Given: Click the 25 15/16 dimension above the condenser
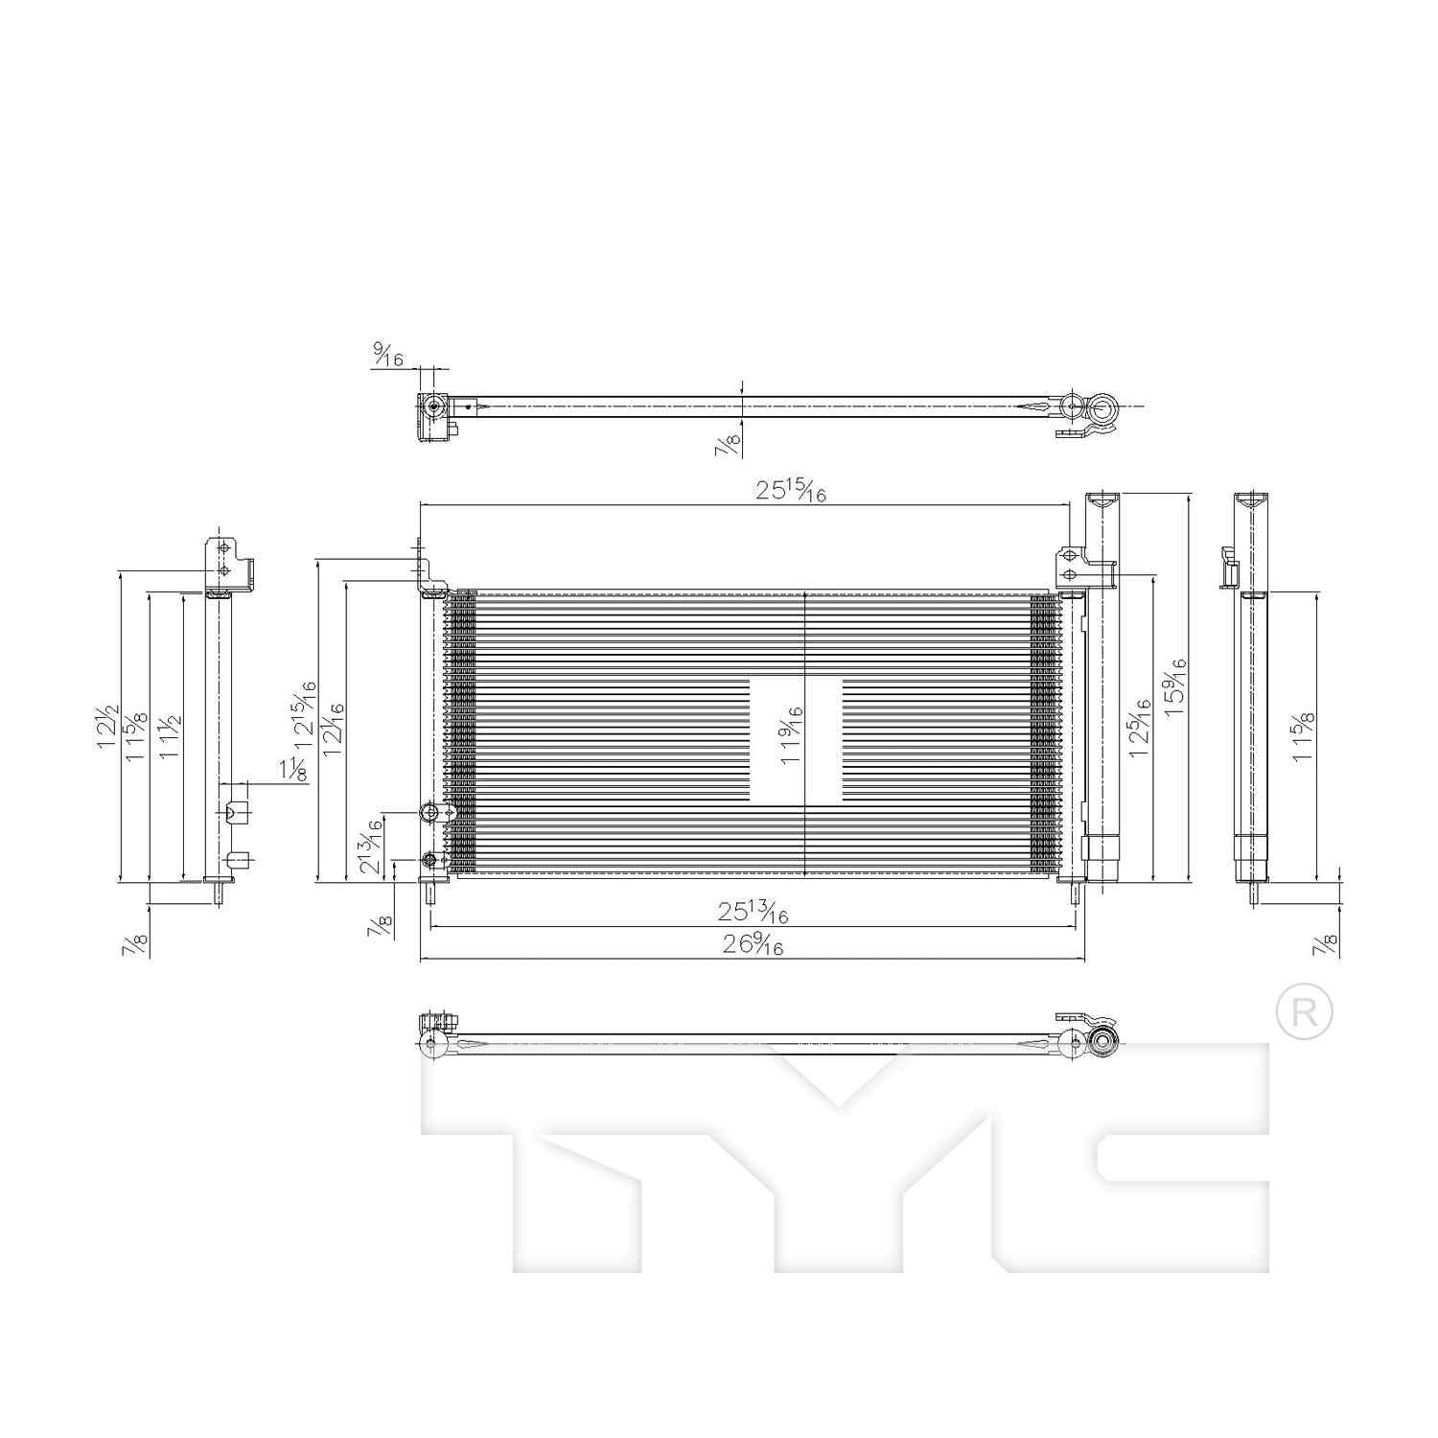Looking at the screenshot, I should pos(791,491).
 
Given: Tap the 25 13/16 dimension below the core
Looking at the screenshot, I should pos(753,912).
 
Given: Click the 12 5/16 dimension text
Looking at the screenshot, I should pos(1139,728).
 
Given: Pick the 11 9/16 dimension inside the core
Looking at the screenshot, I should pos(792,733).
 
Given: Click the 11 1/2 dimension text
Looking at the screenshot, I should pos(171,736).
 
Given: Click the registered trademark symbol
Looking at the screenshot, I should pos(1305,1011).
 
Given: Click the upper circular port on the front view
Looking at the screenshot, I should pos(429,813).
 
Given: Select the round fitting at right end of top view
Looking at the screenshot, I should pos(1102,409).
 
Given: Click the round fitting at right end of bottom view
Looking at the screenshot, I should pos(1103,1041).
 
